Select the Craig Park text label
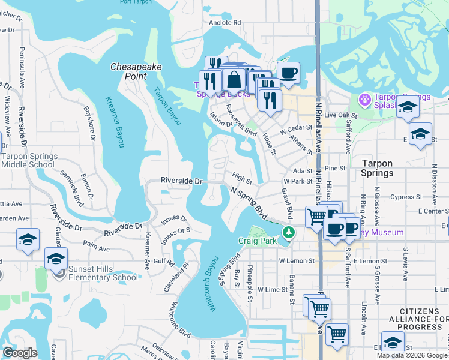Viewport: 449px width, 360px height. tap(257, 241)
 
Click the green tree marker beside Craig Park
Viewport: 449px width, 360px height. tap(289, 232)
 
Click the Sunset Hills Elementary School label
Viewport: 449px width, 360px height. tap(103, 273)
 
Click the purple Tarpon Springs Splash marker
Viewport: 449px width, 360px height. tap(364, 99)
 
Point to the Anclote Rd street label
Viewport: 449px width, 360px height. tap(224, 22)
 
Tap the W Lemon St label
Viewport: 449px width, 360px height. tap(297, 261)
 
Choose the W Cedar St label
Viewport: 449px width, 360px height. tap(297, 128)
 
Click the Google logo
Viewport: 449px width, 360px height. tap(20, 353)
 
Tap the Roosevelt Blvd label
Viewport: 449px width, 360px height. tap(241, 121)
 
